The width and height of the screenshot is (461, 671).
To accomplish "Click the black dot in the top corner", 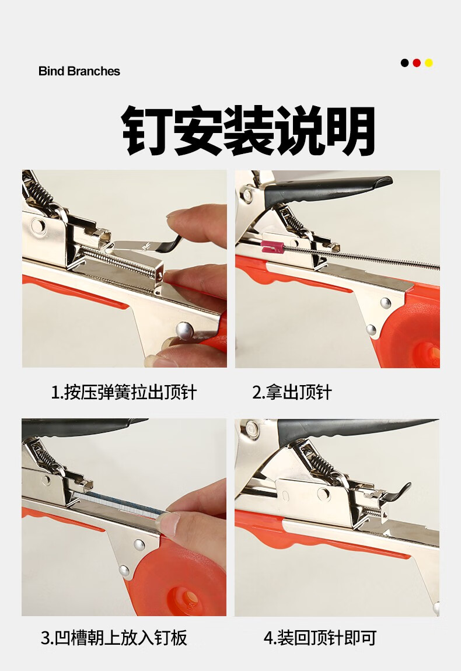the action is (x=404, y=63).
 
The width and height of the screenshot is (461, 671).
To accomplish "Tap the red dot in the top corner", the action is (x=417, y=63).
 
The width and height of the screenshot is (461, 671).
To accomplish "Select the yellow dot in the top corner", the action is (x=428, y=63).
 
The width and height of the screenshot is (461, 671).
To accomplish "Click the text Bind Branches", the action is (x=79, y=71).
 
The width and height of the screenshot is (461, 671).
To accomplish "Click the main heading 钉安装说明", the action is (x=249, y=130).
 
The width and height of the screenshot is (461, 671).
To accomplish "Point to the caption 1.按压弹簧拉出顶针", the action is (x=124, y=392).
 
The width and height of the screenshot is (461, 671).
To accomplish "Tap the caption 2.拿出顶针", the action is (x=292, y=392).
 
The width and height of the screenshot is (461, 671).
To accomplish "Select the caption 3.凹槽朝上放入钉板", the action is (x=114, y=637).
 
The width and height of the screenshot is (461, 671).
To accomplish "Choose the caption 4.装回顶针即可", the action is (x=320, y=637).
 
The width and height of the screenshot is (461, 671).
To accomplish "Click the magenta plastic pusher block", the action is (x=273, y=247).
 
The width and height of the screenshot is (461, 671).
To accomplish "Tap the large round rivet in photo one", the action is (x=184, y=330).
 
